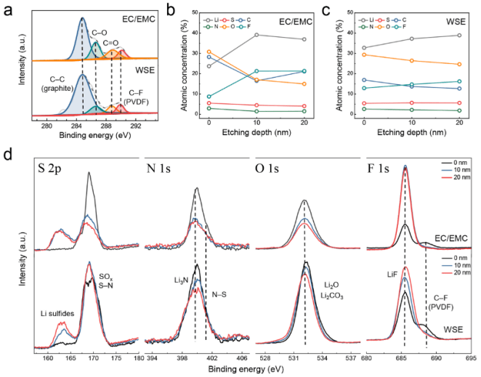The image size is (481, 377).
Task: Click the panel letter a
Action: [8, 9]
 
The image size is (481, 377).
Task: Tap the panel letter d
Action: [8, 157]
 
